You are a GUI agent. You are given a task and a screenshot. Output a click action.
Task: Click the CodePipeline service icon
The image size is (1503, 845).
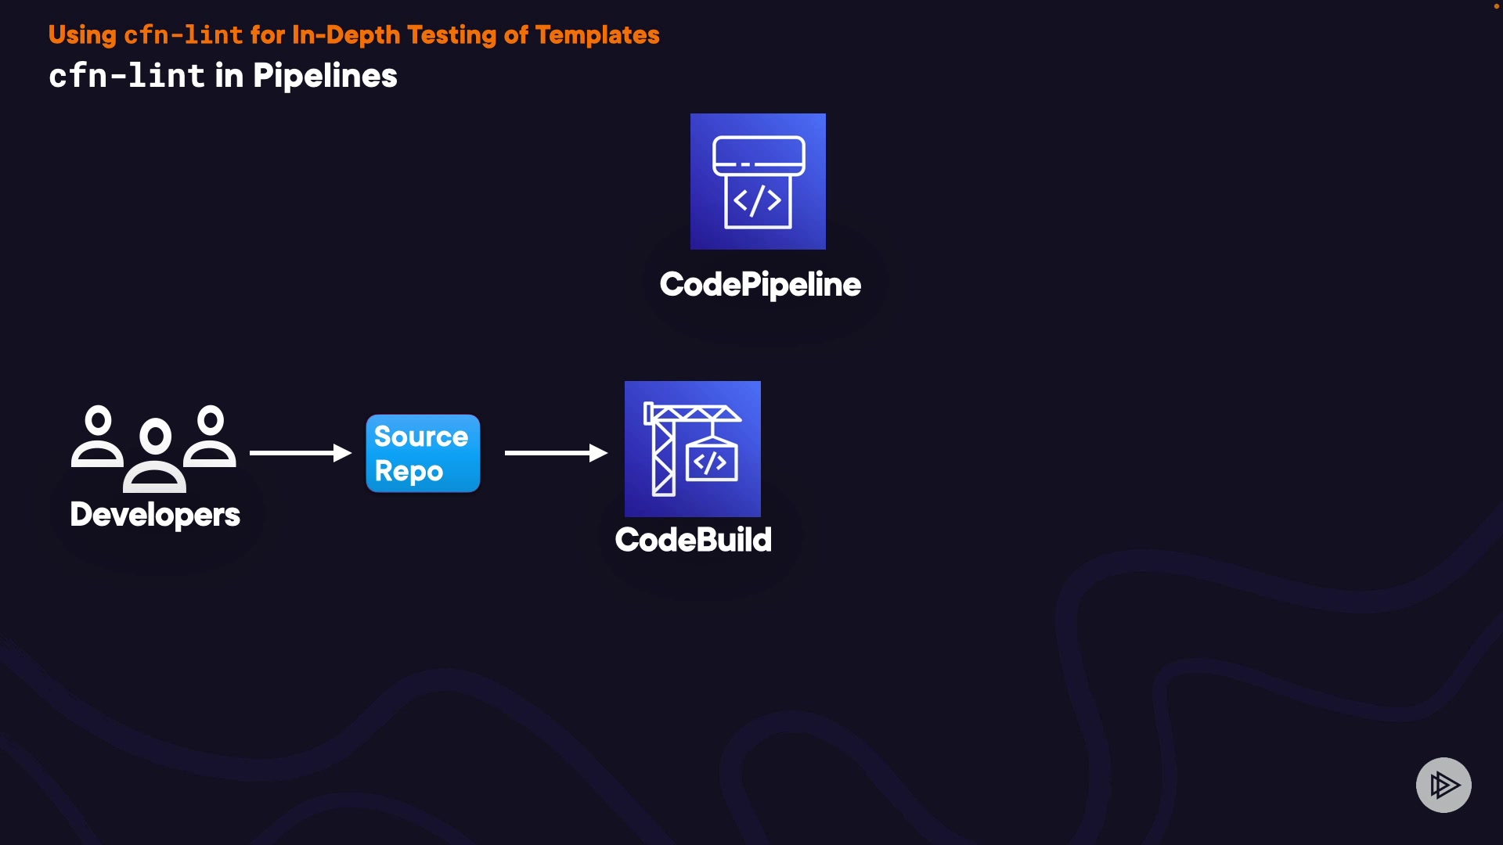coord(758,182)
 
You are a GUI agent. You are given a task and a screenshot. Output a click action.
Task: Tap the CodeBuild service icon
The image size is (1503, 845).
coord(692,448)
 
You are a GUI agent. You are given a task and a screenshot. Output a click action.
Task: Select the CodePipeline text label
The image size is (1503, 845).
coord(760,285)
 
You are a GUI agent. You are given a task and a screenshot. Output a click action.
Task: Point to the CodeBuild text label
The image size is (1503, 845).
coord(693,540)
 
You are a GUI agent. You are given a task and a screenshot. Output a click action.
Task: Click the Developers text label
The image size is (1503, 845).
coord(155,515)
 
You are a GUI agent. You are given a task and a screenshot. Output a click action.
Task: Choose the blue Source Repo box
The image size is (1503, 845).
coord(423,453)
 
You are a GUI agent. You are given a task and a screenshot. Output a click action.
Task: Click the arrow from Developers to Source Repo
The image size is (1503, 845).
coord(300,453)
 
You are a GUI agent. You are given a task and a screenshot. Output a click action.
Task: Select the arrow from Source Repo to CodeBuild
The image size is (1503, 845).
coord(556,453)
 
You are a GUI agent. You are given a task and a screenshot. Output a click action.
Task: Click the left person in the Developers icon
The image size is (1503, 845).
coord(98,437)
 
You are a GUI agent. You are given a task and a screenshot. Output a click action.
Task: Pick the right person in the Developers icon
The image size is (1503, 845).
coord(211,437)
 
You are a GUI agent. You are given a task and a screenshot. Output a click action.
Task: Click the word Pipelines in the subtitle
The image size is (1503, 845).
coord(325,76)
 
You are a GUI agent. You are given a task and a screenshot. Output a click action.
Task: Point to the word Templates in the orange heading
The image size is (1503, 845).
coord(597,35)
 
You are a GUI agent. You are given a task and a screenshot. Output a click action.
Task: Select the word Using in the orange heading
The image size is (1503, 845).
coord(82,35)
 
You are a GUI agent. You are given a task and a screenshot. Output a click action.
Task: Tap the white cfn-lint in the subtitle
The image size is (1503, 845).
coord(127,76)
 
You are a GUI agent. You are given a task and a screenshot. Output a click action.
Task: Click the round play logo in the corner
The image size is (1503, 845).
coord(1444,785)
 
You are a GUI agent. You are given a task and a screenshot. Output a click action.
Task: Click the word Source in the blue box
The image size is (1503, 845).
coord(421,437)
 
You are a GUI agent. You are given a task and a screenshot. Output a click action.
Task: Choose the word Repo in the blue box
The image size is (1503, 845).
coord(409,472)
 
